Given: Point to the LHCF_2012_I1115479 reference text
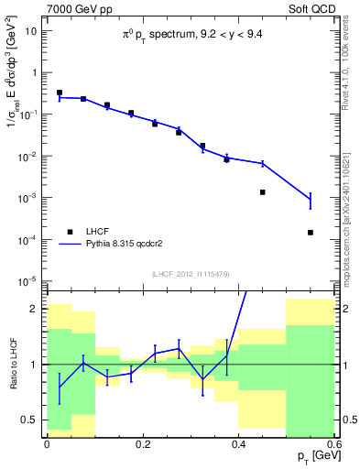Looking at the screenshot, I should click(190, 274).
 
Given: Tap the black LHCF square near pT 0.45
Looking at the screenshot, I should click(263, 192).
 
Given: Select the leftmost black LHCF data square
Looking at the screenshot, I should click(60, 93).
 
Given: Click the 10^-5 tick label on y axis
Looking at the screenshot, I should click(28, 281).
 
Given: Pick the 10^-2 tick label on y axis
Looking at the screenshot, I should click(28, 156).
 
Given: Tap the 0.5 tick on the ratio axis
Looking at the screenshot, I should click(32, 420).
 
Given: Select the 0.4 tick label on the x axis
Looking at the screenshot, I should click(239, 444).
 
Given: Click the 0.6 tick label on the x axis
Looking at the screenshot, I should click(334, 444).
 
